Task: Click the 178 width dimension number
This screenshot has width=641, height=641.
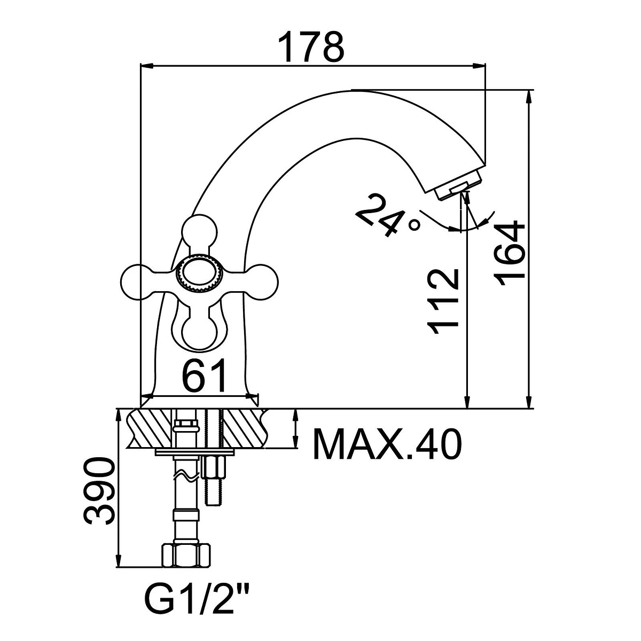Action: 311,47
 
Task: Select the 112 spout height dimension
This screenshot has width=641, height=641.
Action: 444,302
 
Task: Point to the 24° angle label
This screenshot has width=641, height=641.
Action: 387,215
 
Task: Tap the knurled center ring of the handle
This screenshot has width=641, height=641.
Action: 199,274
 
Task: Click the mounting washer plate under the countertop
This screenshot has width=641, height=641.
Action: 194,452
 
